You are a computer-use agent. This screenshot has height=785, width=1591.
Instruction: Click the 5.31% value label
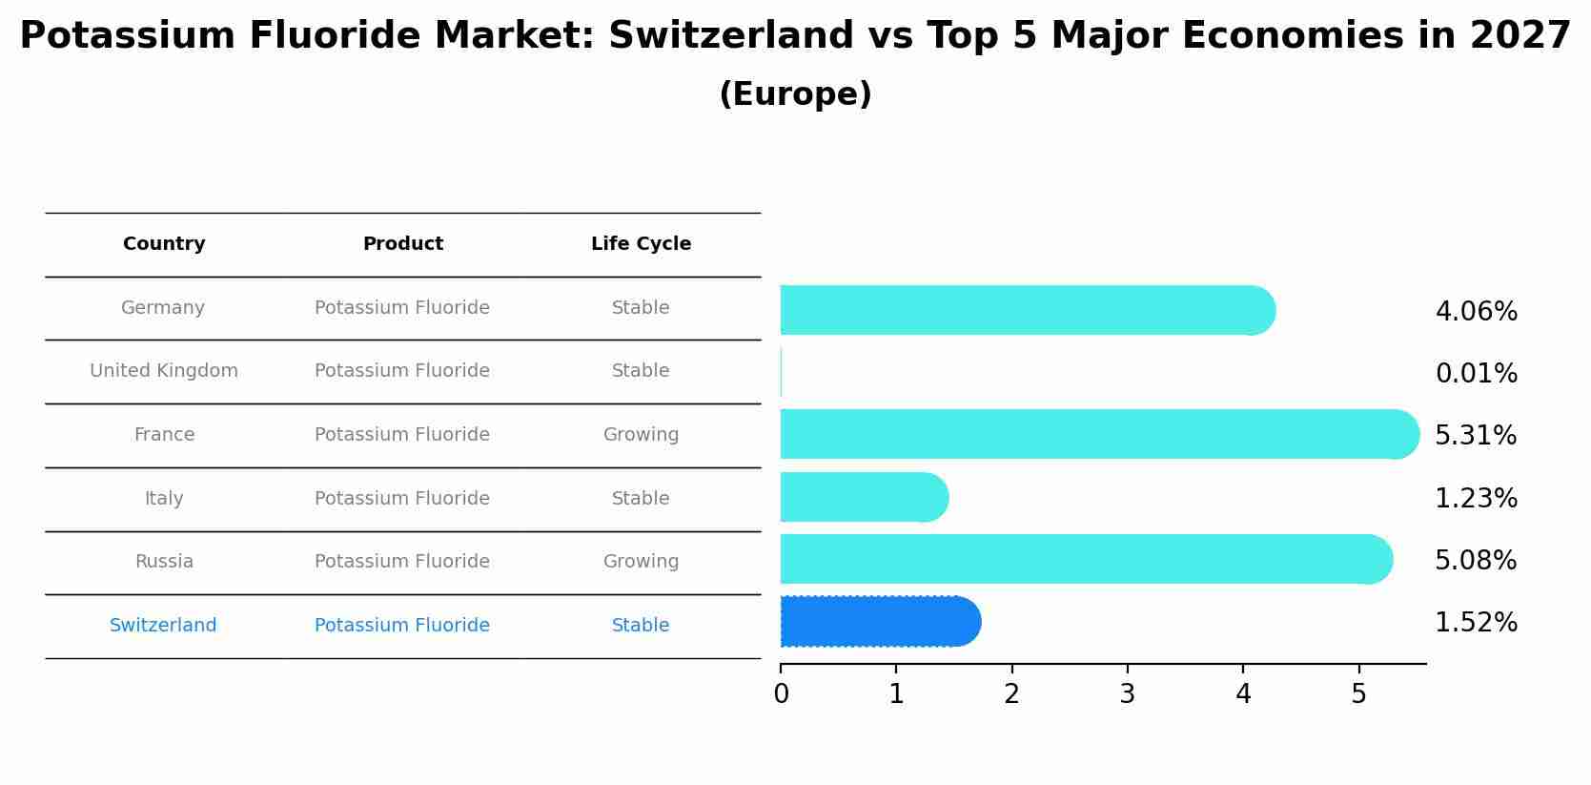pyautogui.click(x=1475, y=436)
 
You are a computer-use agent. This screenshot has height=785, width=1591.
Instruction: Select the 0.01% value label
pyautogui.click(x=1476, y=374)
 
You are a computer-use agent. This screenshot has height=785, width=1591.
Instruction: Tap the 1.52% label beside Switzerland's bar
pyautogui.click(x=1475, y=623)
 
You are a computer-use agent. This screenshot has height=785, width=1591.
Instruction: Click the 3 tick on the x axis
pyautogui.click(x=1127, y=694)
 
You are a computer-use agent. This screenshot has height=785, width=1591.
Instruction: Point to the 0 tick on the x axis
pyautogui.click(x=781, y=694)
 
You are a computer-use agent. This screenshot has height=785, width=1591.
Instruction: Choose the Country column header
pyautogui.click(x=164, y=244)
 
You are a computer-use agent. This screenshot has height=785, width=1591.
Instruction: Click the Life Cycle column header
pyautogui.click(x=641, y=244)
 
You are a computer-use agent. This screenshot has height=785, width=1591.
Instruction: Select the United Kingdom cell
pyautogui.click(x=164, y=371)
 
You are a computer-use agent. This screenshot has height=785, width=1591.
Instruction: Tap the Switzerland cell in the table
pyautogui.click(x=163, y=626)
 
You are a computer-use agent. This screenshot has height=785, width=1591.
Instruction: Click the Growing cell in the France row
pyautogui.click(x=641, y=435)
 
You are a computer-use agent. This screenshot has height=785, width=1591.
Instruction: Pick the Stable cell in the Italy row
pyautogui.click(x=641, y=499)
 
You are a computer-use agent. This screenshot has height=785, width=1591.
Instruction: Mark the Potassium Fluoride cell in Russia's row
pyautogui.click(x=402, y=562)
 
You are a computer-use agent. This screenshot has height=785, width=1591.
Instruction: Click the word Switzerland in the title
pyautogui.click(x=730, y=36)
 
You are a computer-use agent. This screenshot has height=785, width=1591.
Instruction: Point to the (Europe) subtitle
pyautogui.click(x=795, y=94)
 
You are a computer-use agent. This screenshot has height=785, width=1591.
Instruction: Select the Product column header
pyautogui.click(x=402, y=244)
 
